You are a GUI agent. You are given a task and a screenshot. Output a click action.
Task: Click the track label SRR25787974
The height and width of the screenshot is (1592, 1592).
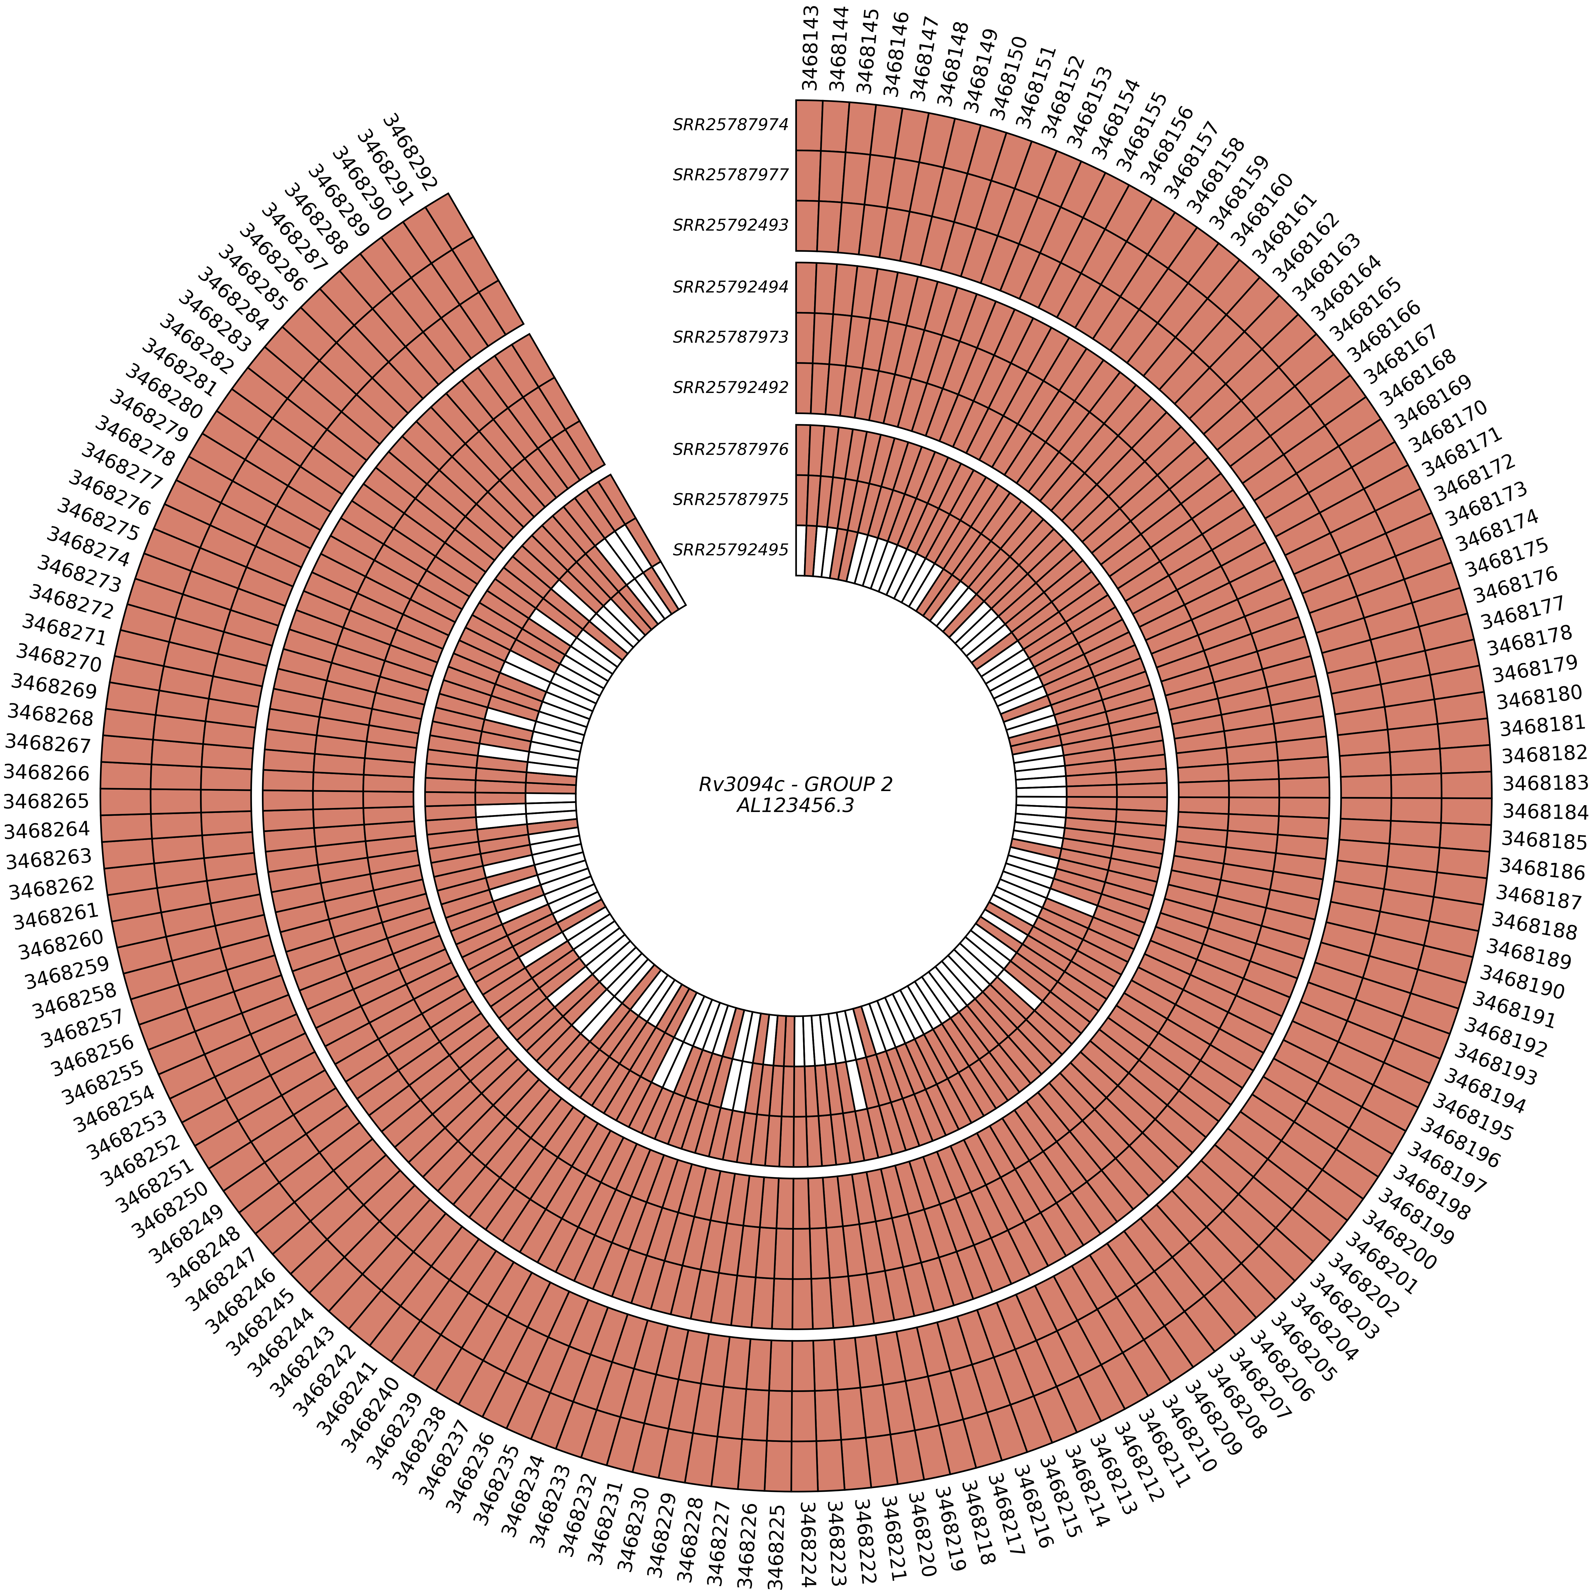pyautogui.click(x=730, y=125)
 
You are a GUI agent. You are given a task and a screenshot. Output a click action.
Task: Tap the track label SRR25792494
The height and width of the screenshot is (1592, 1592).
pyautogui.click(x=730, y=288)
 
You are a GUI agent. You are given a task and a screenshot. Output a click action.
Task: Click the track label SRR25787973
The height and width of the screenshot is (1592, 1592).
pyautogui.click(x=730, y=337)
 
